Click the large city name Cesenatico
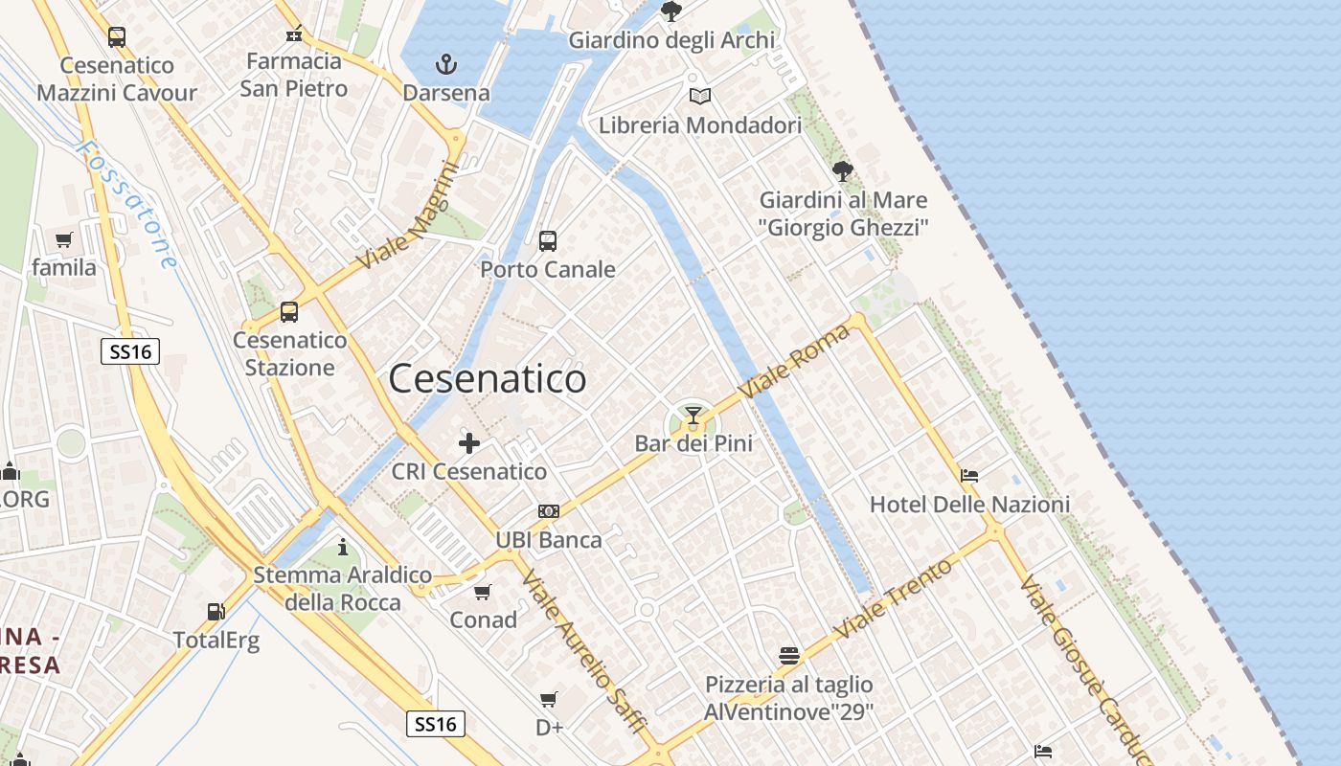487,379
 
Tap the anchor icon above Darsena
445,64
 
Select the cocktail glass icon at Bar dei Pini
693,416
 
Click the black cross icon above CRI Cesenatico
469,443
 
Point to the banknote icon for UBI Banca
549,511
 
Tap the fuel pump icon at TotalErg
216,612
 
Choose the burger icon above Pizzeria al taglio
789,656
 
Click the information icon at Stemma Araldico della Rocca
343,547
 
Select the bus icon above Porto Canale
548,241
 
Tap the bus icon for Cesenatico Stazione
289,312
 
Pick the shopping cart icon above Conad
483,592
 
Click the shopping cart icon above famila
64,239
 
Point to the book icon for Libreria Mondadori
700,97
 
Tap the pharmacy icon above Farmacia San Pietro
294,34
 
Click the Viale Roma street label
795,362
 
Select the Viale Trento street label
893,599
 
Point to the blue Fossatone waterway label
127,205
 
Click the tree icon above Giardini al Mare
843,171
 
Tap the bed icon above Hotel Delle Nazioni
969,475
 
